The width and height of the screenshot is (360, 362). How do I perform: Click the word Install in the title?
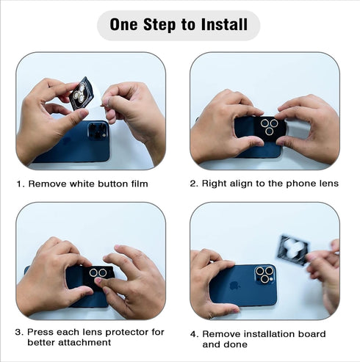coord(224,24)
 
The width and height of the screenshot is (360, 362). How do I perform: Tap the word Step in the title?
coord(159,24)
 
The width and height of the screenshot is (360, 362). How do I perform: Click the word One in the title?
coord(123,24)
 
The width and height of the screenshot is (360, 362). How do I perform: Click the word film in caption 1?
coord(140,184)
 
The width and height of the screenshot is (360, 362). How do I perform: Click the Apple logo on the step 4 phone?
coord(234,285)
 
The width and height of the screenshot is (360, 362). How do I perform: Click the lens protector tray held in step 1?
coord(82,93)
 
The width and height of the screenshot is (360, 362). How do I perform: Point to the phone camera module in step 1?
coord(98,130)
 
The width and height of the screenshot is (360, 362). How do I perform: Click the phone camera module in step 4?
coord(265,275)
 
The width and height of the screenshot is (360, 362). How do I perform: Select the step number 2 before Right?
coord(194,184)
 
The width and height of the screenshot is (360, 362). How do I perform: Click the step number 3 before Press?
coord(19,332)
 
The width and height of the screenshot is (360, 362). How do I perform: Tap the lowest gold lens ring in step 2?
coord(269,131)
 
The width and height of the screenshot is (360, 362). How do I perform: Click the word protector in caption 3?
coord(127,333)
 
